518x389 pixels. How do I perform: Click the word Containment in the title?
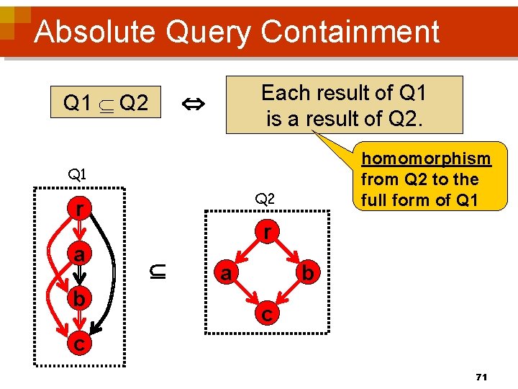click(x=350, y=32)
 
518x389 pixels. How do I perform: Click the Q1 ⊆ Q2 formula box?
click(x=106, y=104)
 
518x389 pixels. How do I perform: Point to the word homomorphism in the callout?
click(x=425, y=158)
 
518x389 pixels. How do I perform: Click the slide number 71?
click(x=482, y=377)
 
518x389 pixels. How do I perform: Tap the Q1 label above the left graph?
click(x=77, y=174)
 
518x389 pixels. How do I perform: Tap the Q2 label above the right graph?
click(x=265, y=198)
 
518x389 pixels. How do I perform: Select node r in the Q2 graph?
click(x=266, y=233)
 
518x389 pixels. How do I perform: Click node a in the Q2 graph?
click(x=226, y=274)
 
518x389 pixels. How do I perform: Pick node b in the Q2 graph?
click(x=307, y=274)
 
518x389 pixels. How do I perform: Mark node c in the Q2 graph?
click(x=266, y=314)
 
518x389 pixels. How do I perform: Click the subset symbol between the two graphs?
click(x=159, y=272)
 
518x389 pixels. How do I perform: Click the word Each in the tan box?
click(x=283, y=93)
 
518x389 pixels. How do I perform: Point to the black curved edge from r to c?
click(x=112, y=267)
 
